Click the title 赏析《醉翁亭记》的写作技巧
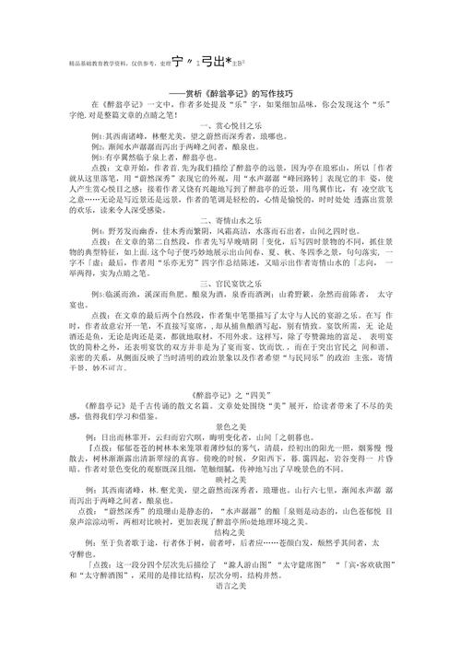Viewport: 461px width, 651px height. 230,90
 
